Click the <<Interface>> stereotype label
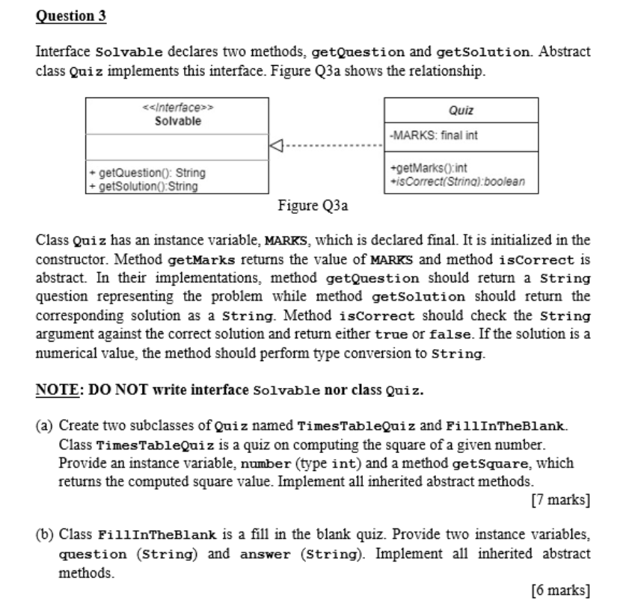tap(177, 108)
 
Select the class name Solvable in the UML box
tap(177, 120)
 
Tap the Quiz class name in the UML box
tap(461, 111)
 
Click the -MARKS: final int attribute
tap(429, 136)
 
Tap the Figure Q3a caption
tap(313, 205)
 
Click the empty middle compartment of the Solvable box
tap(177, 145)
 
